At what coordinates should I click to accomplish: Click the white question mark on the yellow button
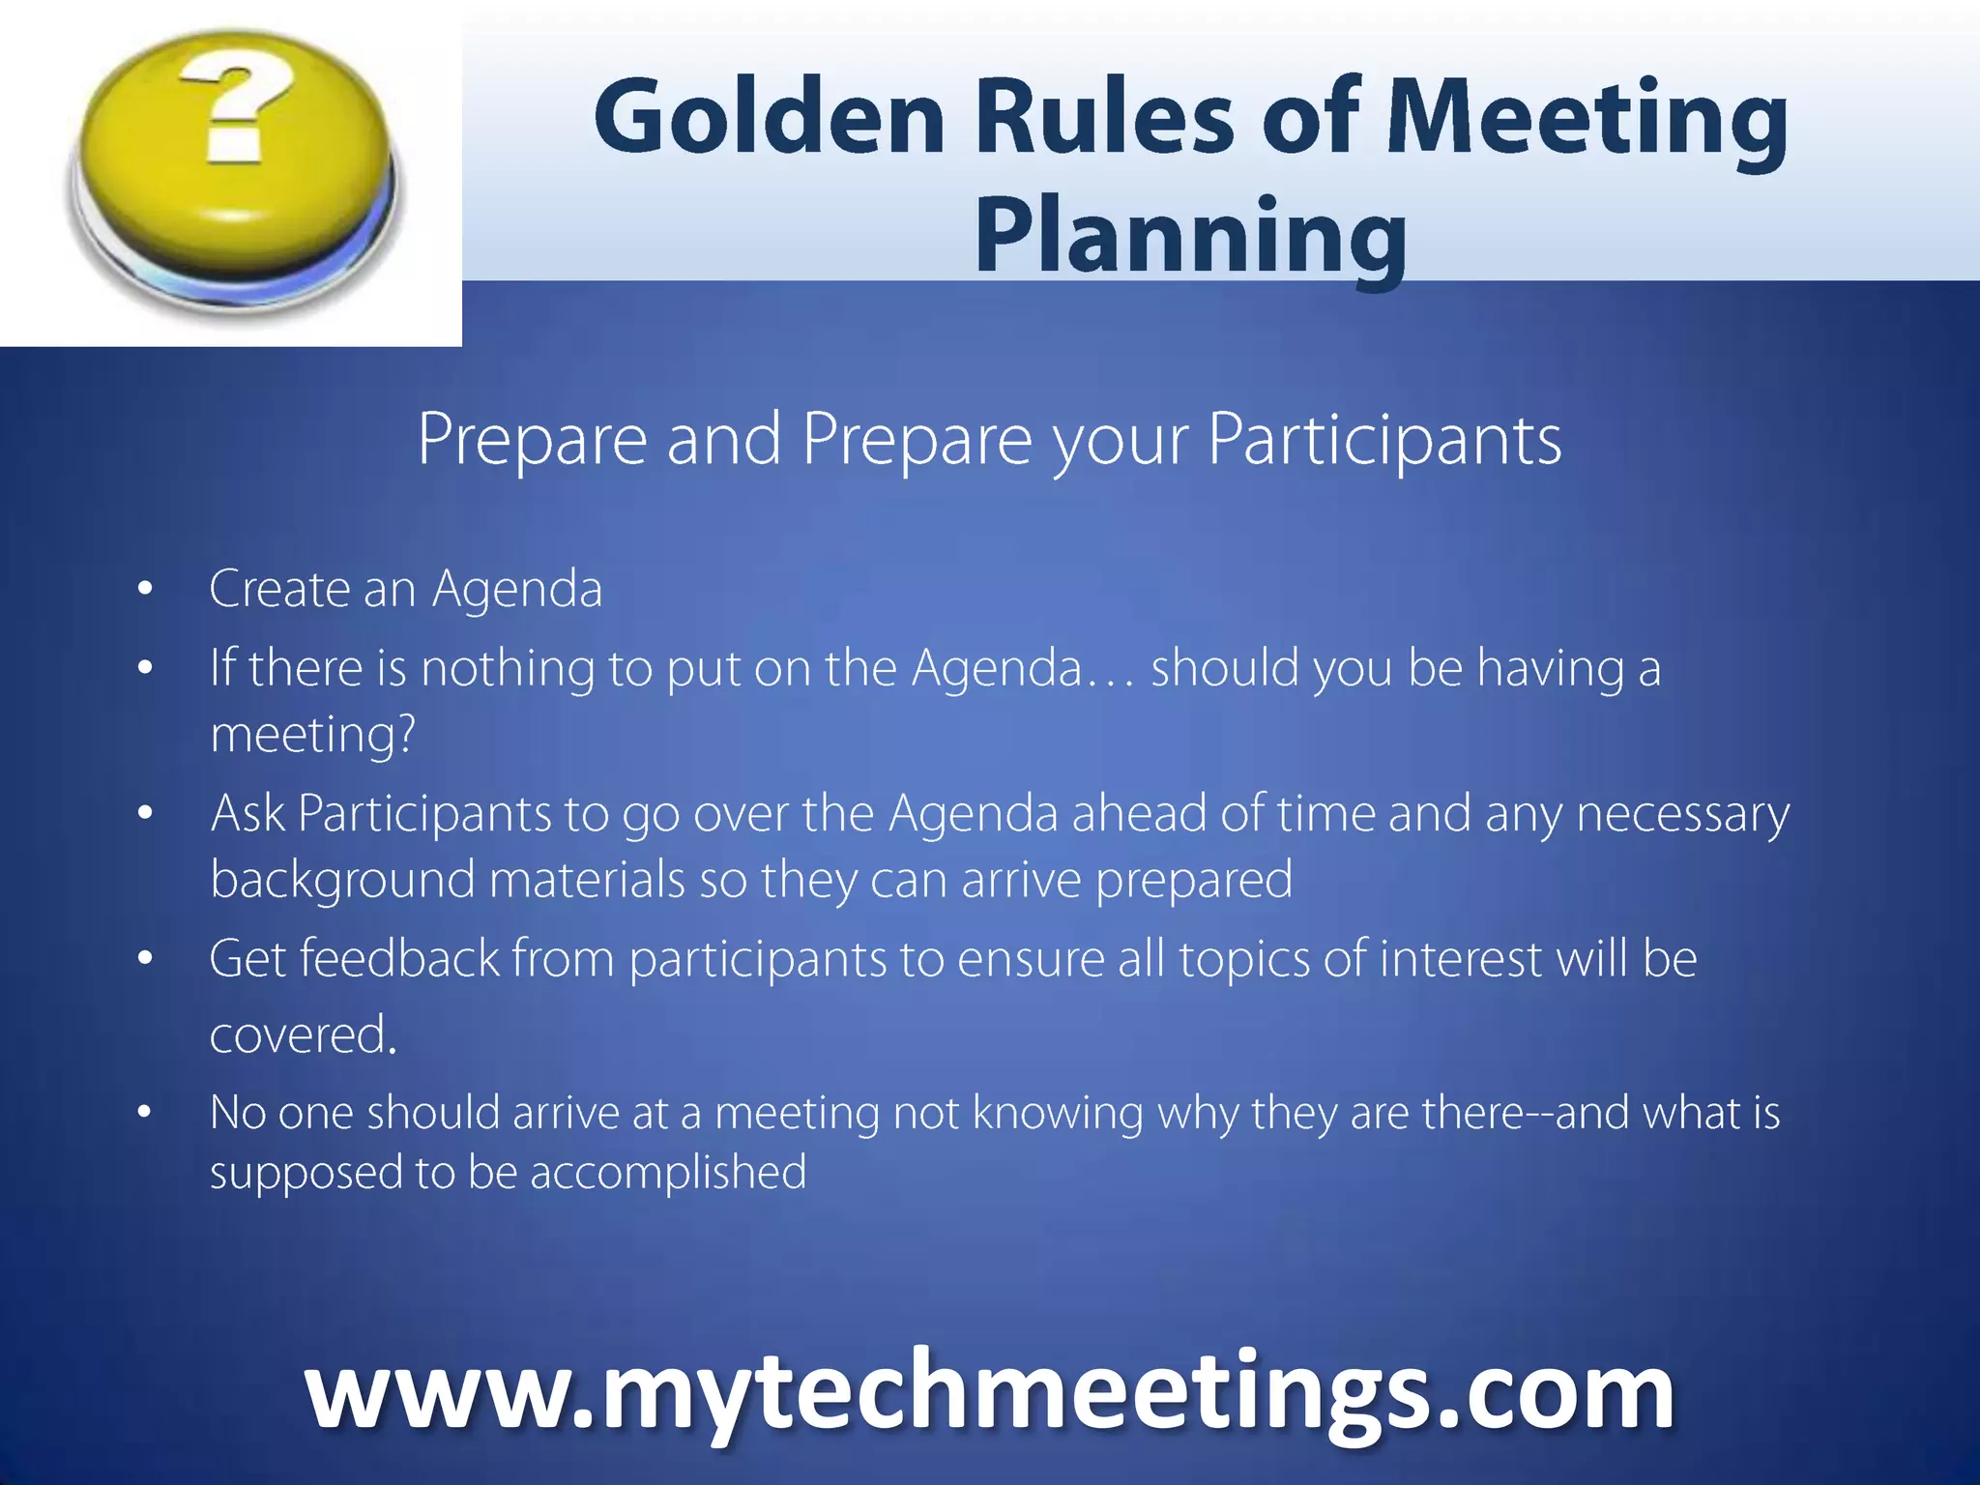point(237,106)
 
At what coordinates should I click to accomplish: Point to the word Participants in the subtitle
point(1384,440)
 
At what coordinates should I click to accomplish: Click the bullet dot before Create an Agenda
point(145,589)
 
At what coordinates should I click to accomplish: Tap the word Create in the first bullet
point(278,589)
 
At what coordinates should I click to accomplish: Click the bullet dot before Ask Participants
point(145,813)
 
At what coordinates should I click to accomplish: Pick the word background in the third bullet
point(342,880)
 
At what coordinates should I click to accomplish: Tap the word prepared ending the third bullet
point(1194,880)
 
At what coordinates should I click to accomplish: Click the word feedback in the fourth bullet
point(399,959)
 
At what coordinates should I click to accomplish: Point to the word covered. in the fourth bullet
point(304,1034)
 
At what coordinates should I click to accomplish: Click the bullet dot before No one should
point(145,1113)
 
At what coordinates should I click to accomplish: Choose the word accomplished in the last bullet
point(668,1173)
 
